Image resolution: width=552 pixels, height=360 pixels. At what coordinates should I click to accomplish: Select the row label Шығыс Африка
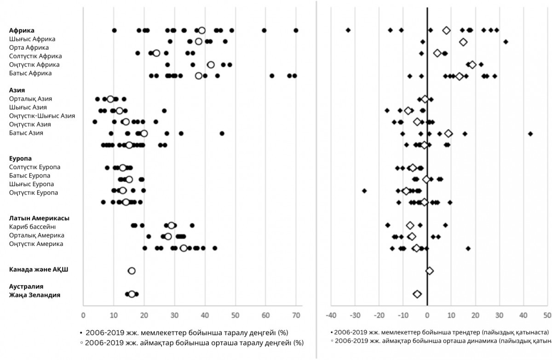(32, 39)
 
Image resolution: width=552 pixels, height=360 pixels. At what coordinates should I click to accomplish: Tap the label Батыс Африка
(30, 73)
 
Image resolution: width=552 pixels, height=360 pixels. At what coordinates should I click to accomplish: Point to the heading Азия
(17, 90)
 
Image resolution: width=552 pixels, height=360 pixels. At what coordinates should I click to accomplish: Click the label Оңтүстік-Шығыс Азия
(42, 116)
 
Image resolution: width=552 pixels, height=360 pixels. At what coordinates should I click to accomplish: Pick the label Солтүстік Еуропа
(34, 167)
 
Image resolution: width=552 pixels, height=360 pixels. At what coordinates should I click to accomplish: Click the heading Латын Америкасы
(36, 218)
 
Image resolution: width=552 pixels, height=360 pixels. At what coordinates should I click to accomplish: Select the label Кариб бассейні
(33, 227)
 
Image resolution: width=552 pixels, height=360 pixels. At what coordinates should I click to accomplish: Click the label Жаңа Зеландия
(34, 295)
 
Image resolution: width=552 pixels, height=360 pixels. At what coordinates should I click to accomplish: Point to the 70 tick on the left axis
(296, 315)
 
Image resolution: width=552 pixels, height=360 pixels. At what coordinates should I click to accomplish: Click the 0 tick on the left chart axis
(83, 315)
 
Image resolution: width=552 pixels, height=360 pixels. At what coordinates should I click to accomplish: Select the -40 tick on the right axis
(331, 315)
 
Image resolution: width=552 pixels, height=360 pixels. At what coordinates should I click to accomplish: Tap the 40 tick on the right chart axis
(523, 315)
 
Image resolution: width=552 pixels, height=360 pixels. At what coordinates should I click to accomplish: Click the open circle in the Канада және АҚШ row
(132, 271)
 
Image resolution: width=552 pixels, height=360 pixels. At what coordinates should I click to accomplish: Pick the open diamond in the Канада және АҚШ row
(430, 271)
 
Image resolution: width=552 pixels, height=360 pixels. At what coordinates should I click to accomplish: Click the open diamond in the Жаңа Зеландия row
(417, 294)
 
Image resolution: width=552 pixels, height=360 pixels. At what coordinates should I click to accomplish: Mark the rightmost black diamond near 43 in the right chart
(530, 133)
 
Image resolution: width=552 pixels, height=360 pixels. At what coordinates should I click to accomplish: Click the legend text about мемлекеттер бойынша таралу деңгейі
(194, 332)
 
